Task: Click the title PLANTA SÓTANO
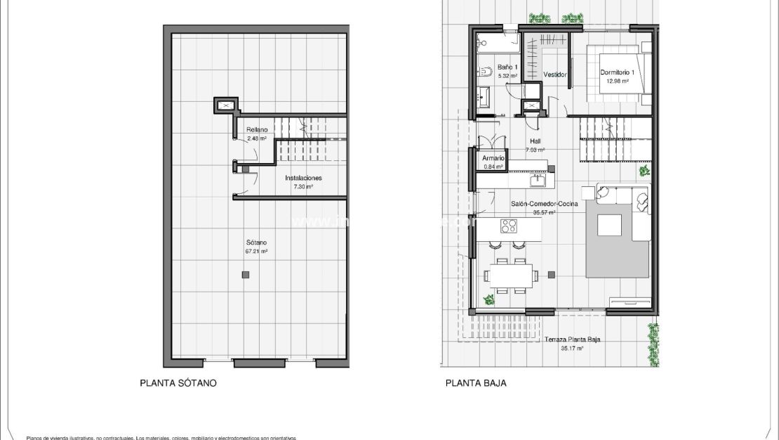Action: (x=178, y=384)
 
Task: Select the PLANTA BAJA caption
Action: (x=476, y=384)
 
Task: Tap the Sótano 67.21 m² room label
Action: (x=256, y=246)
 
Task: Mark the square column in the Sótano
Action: (x=244, y=274)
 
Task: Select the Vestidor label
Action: (x=555, y=75)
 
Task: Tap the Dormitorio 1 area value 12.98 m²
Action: (x=617, y=81)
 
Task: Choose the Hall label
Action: (x=535, y=141)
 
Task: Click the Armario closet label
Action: (x=493, y=159)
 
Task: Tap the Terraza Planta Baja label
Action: (x=572, y=339)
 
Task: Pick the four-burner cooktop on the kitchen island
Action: (x=509, y=226)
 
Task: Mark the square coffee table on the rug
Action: (x=609, y=224)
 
